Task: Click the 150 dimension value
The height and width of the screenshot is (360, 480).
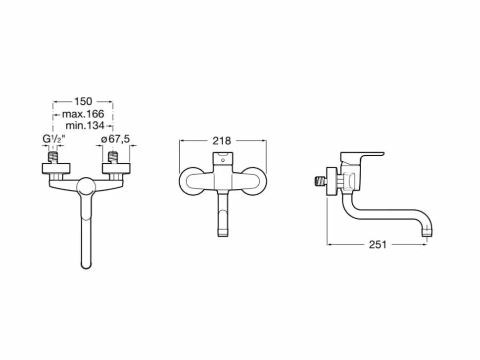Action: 83,101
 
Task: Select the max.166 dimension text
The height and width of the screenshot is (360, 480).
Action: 83,114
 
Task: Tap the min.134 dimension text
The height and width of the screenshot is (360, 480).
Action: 85,126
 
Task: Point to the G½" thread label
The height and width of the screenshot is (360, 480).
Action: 53,139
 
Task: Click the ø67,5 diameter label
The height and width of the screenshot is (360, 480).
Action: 115,139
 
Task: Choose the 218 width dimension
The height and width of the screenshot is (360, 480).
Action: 222,141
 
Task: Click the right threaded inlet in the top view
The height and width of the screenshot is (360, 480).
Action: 113,158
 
